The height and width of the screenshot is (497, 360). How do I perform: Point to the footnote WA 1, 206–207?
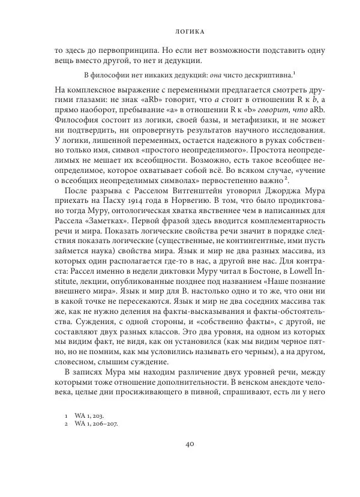[95, 424]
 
